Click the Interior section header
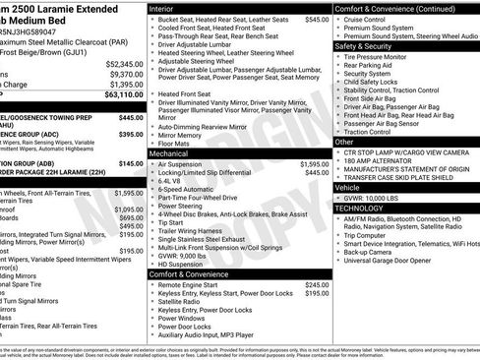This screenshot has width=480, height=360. (162, 8)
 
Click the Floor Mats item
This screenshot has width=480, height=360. (175, 143)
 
